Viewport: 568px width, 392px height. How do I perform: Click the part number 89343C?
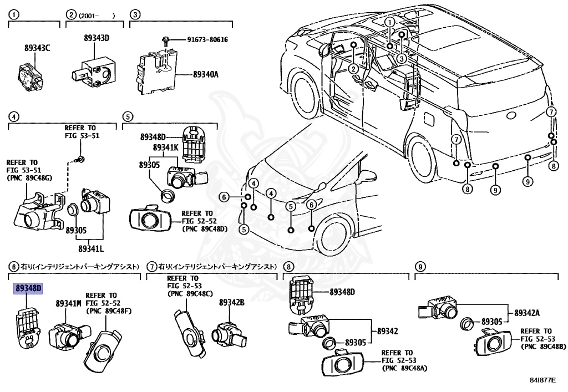[x=37, y=48]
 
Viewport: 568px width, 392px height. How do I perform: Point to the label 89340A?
[x=206, y=73]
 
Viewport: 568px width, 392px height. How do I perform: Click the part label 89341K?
[x=166, y=147]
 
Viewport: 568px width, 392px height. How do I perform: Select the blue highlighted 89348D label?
[x=29, y=288]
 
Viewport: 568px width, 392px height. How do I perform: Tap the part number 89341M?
[x=68, y=303]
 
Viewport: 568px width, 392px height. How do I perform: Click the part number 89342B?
[x=231, y=302]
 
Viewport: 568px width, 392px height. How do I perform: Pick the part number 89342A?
[x=526, y=313]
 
